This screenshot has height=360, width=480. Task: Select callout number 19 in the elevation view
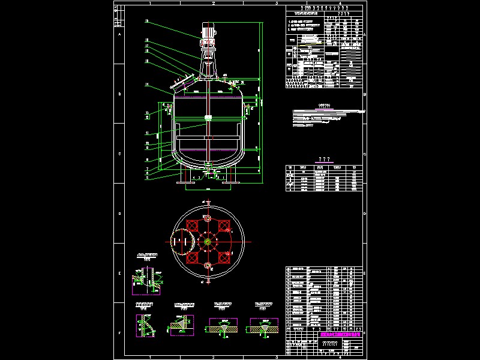tap(146, 22)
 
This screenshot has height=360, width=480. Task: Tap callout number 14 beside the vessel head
tap(146, 85)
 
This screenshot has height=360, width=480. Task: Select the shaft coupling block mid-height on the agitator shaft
tap(208, 118)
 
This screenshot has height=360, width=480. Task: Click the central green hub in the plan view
tap(208, 242)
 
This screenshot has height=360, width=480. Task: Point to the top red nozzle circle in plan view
tap(208, 217)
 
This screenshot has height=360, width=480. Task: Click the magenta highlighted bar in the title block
tap(342, 335)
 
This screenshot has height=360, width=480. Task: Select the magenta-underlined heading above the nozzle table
tap(325, 160)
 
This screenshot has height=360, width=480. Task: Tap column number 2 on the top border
tap(212, 4)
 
